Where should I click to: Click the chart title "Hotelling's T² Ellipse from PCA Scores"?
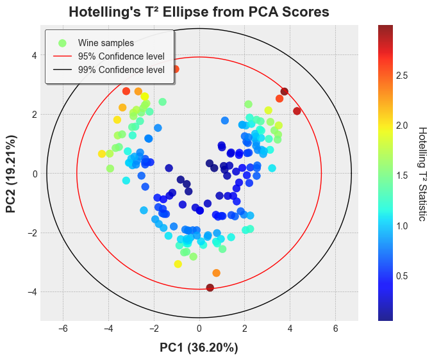pos(199,12)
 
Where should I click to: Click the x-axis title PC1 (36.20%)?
pos(199,348)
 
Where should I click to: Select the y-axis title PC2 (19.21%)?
pos(11,174)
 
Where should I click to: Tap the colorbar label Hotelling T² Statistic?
pos(422,174)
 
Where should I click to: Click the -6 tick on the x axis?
pos(63,329)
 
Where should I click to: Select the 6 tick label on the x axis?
pos(335,329)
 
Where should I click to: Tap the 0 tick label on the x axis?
pos(199,329)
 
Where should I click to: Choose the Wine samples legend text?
pos(106,43)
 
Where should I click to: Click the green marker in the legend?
pos(62,43)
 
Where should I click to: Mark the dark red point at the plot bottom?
pos(210,288)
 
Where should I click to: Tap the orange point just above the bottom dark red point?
pos(216,273)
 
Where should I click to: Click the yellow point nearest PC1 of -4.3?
pos(101,154)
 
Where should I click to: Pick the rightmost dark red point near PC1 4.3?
pos(297,111)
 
